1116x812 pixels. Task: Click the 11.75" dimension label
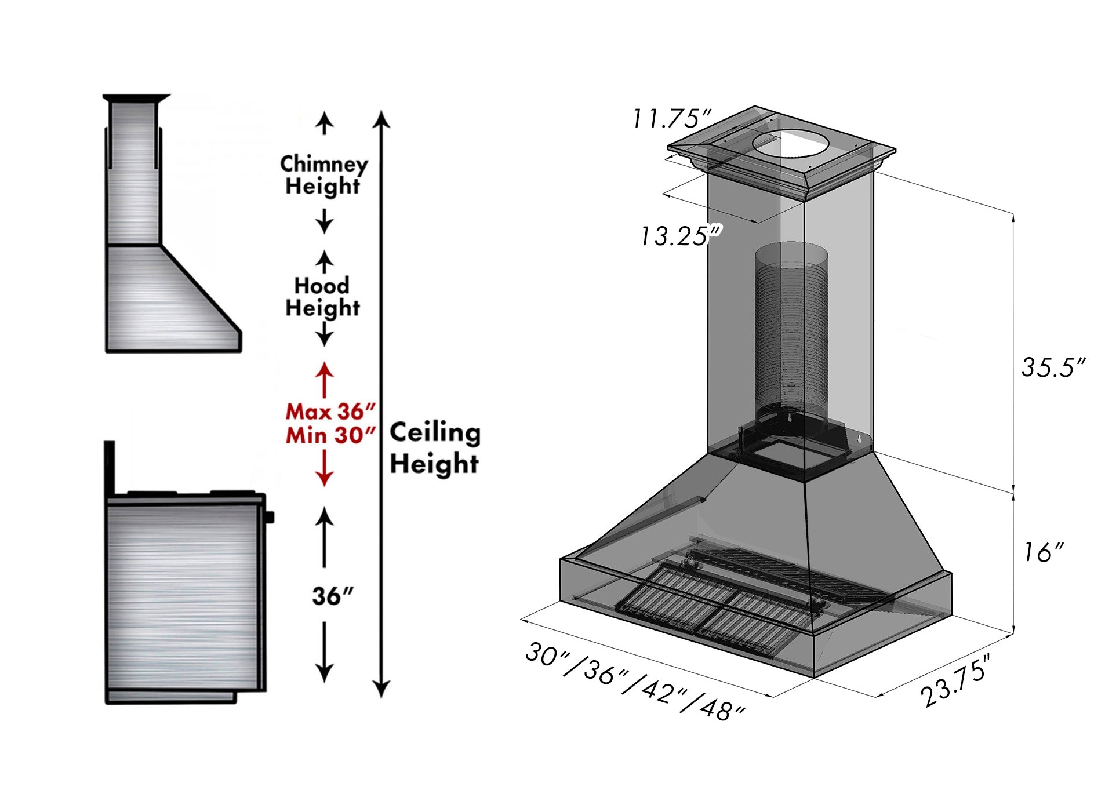pos(671,119)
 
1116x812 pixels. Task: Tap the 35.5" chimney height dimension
pos(1052,367)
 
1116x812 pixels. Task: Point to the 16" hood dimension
pos(1043,552)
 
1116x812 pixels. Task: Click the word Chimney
pos(323,164)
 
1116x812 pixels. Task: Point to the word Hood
pos(322,285)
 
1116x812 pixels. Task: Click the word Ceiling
pos(435,432)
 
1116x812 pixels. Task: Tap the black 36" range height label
pos(332,596)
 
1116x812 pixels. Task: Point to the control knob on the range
pos(270,516)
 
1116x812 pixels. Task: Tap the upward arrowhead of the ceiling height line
pos(381,119)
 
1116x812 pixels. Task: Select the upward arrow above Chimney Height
pos(324,123)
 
